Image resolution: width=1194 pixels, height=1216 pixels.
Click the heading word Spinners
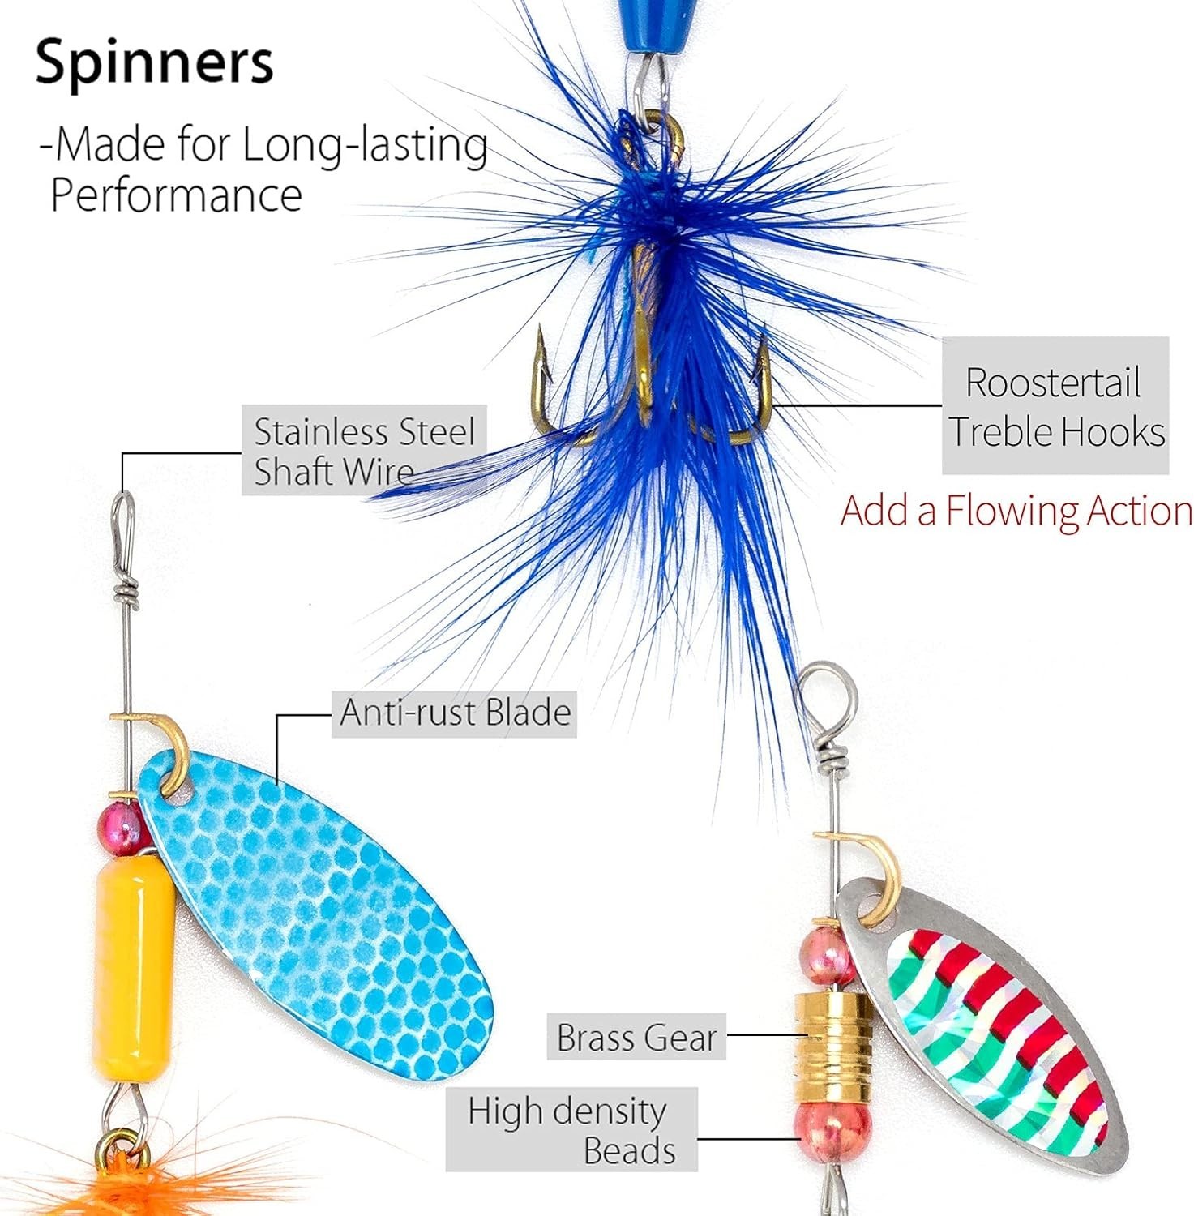coord(154,62)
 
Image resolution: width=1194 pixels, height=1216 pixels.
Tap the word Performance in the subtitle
coord(176,195)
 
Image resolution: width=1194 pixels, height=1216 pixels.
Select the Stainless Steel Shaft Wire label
coord(364,451)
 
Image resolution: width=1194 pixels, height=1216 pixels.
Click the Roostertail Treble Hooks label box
coord(1055,406)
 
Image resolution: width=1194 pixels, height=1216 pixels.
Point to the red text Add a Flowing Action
coord(1016,512)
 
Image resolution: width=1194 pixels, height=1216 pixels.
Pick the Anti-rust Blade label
coord(454,713)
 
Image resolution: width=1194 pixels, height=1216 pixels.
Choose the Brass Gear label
coord(636,1037)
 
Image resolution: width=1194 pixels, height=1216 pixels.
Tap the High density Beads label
coord(571,1129)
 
